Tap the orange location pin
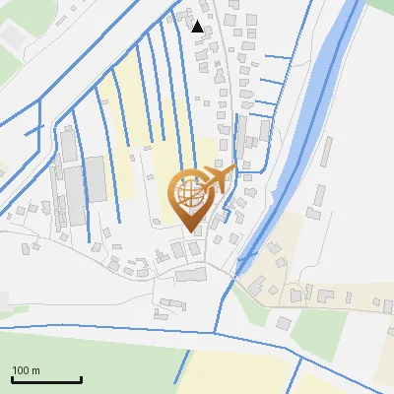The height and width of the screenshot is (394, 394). click(x=194, y=197)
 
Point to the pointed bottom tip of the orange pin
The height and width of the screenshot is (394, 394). click(x=193, y=231)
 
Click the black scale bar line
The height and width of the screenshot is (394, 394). click(x=45, y=379)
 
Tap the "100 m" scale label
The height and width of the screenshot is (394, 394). click(x=26, y=369)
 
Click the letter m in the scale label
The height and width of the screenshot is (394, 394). click(x=35, y=369)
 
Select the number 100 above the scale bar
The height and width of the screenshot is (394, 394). click(x=21, y=369)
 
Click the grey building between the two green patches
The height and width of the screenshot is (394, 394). click(x=284, y=323)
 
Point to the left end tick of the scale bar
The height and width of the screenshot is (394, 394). click(x=11, y=378)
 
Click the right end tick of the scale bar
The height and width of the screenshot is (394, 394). click(x=80, y=378)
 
